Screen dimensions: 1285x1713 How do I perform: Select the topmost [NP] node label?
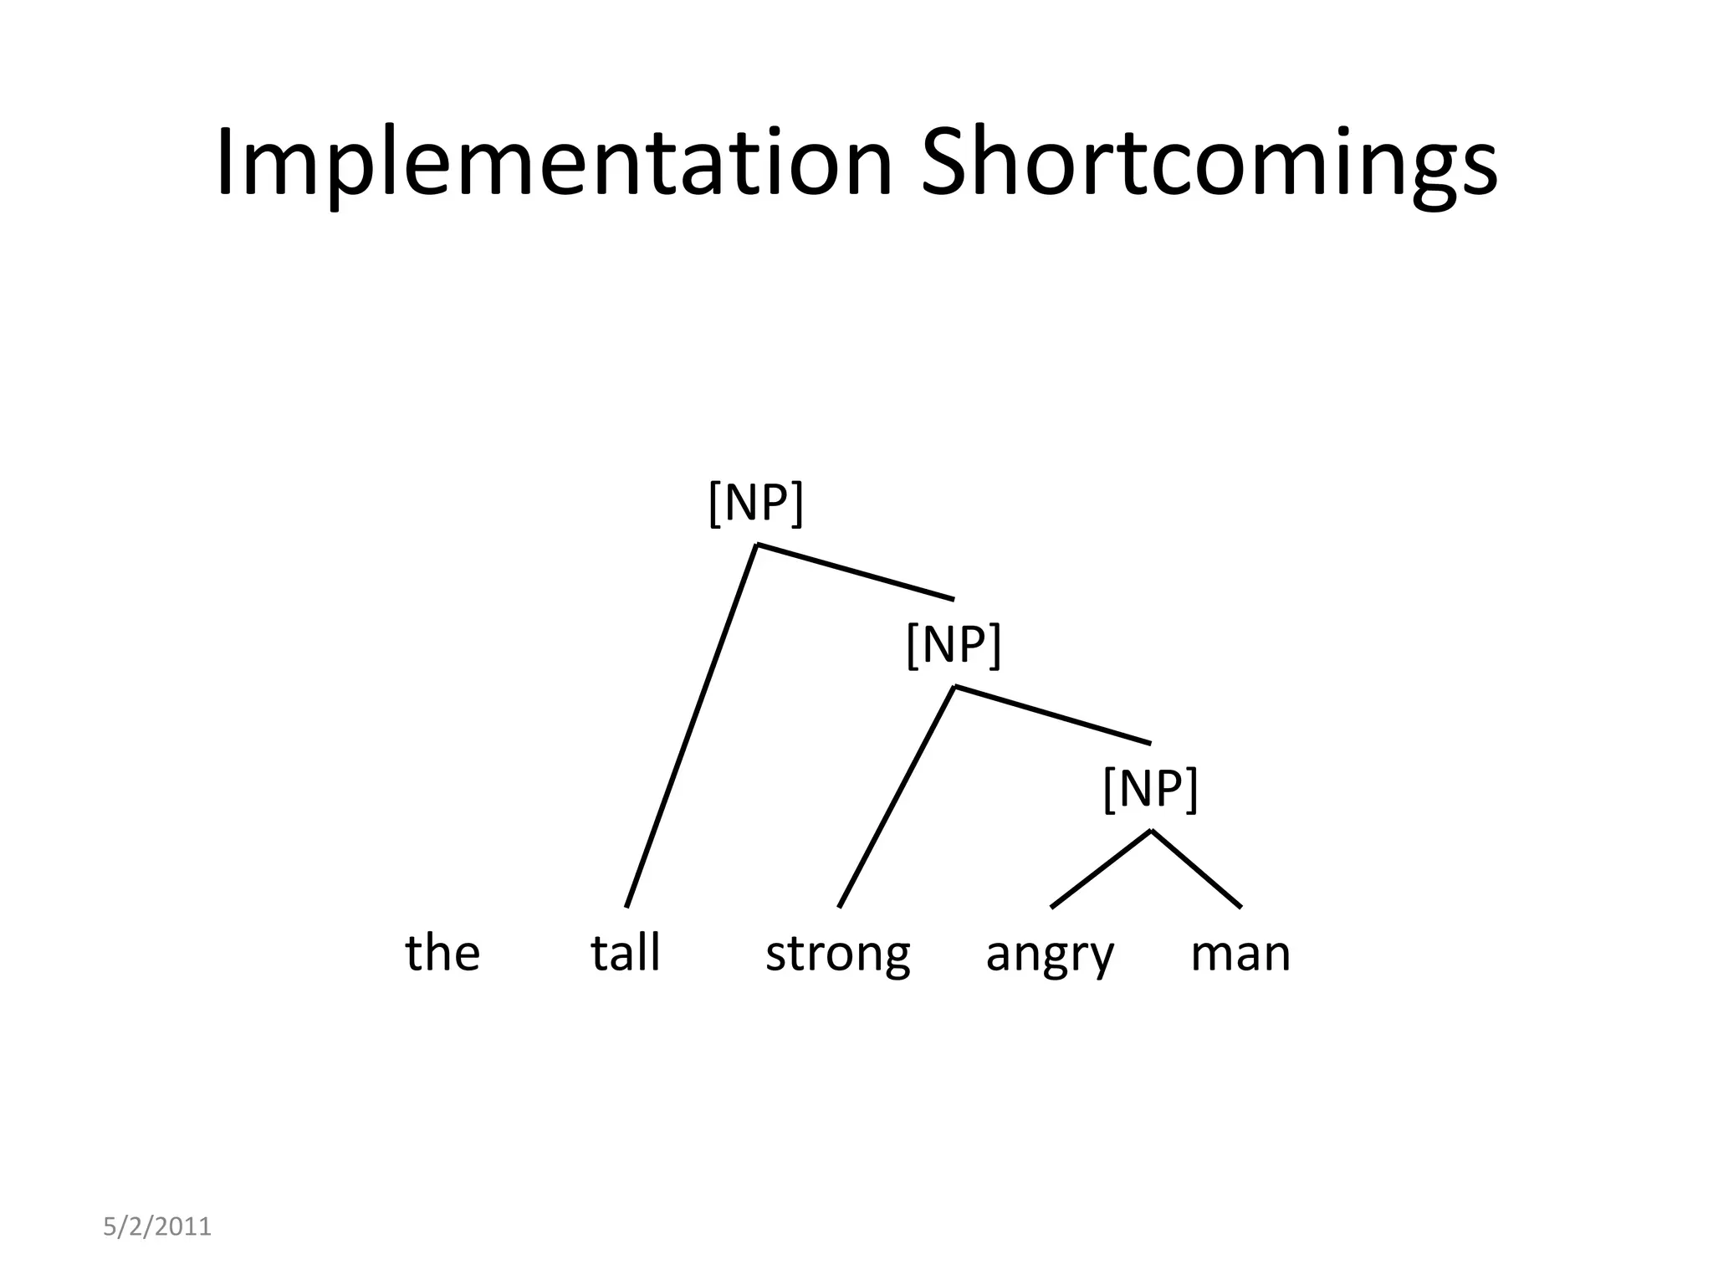pyautogui.click(x=755, y=503)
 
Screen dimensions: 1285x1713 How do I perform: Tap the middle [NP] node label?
pyautogui.click(x=953, y=645)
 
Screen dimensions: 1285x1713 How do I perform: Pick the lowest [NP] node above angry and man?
pyautogui.click(x=1150, y=788)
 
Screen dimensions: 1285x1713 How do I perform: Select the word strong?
pyautogui.click(x=837, y=954)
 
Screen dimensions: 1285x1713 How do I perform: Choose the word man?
pyautogui.click(x=1240, y=954)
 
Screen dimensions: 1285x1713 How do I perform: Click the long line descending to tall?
pyautogui.click(x=692, y=725)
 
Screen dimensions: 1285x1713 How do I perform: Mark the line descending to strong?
pyautogui.click(x=897, y=796)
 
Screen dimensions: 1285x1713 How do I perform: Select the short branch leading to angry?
pyautogui.click(x=1101, y=868)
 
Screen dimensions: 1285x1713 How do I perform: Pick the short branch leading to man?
pyautogui.click(x=1196, y=868)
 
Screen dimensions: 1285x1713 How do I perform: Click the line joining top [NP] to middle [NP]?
pyautogui.click(x=855, y=571)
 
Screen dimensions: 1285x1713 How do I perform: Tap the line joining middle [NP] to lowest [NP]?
pyautogui.click(x=1052, y=714)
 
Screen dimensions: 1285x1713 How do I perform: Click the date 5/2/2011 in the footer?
pyautogui.click(x=157, y=1226)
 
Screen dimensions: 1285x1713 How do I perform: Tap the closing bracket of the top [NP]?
pyautogui.click(x=798, y=503)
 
